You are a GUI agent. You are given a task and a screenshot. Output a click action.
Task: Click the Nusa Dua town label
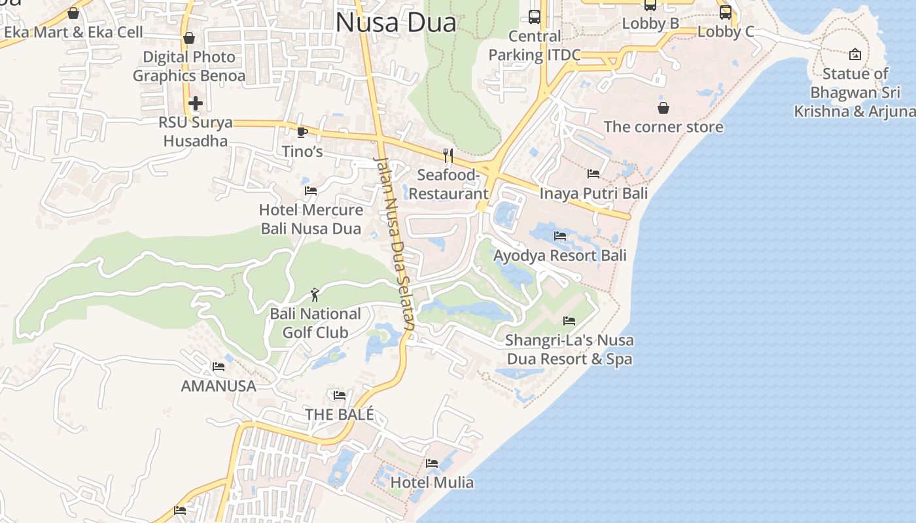pos(395,23)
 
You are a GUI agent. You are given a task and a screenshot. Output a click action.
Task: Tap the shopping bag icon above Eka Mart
pos(73,13)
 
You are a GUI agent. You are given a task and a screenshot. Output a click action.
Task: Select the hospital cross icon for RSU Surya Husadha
pos(195,103)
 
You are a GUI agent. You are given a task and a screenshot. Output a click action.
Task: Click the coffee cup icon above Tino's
pos(302,132)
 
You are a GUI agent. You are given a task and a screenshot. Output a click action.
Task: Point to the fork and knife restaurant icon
pos(448,155)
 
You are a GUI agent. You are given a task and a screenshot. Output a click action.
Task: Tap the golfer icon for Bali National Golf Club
pos(315,295)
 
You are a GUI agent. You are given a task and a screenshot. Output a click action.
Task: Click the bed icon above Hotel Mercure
pos(311,191)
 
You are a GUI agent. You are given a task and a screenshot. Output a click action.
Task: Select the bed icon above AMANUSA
pos(218,367)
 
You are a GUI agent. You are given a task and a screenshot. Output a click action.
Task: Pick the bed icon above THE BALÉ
pos(339,395)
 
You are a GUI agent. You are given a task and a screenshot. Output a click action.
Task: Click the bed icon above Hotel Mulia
pos(432,464)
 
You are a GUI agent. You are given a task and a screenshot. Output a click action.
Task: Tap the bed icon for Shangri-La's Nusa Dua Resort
pos(569,320)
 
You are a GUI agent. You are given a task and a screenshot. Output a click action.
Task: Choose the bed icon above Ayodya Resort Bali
pos(560,235)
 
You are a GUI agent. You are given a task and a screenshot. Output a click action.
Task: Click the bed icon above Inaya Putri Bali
pos(593,174)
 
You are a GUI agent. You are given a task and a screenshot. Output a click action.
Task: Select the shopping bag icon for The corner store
pos(663,107)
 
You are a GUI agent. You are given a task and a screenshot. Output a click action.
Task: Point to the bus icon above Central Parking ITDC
pos(535,17)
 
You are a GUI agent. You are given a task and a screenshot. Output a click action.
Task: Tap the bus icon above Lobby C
pos(725,12)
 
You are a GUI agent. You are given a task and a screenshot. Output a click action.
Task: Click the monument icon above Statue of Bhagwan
pos(854,54)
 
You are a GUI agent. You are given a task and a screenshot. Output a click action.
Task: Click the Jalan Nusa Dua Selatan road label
pos(394,242)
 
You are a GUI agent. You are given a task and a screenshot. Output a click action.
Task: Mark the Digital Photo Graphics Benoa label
pos(189,66)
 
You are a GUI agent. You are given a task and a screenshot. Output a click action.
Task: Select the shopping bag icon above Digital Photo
pos(188,38)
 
